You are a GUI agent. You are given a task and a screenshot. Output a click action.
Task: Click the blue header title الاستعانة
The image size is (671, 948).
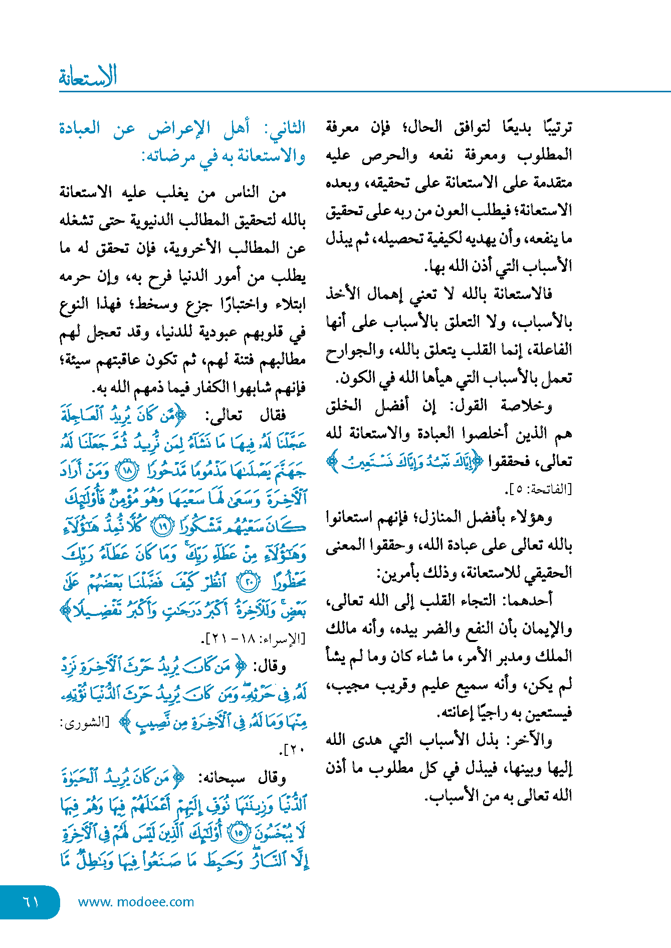[x=88, y=77]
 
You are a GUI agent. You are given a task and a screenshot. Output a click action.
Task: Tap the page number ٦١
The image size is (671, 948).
[x=31, y=902]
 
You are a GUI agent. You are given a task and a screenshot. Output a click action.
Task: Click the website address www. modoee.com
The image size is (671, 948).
[x=136, y=902]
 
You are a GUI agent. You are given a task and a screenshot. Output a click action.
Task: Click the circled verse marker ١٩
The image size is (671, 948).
[x=161, y=527]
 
